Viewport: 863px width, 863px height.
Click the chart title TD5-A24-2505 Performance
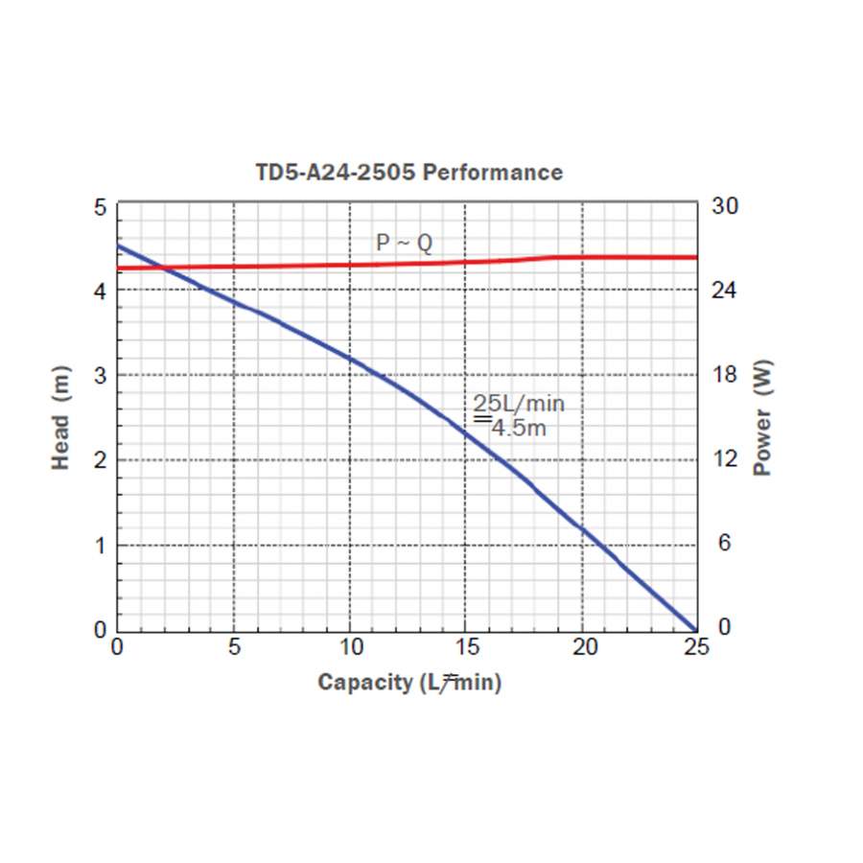click(408, 173)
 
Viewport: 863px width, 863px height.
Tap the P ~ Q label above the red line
click(404, 244)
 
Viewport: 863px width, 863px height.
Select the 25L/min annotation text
click(518, 404)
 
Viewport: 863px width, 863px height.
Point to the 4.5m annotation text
click(519, 428)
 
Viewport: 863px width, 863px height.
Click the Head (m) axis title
click(60, 418)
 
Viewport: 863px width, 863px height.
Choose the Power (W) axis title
click(763, 418)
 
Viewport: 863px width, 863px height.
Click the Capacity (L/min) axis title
click(409, 683)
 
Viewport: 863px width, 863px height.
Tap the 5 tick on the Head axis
click(100, 207)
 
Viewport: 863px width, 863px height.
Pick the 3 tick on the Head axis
click(100, 375)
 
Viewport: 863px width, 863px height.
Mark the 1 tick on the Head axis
click(100, 545)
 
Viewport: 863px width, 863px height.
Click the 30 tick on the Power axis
click(725, 206)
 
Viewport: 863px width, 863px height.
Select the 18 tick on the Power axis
click(725, 375)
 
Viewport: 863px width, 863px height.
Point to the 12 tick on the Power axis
click(725, 459)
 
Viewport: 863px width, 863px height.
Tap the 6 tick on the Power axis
click(725, 543)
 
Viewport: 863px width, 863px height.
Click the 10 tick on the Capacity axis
click(351, 647)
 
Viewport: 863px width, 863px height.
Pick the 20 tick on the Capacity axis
click(585, 647)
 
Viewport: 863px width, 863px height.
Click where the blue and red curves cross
click(164, 268)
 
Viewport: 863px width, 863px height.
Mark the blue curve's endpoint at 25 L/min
click(696, 629)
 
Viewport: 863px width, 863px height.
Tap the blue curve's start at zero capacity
click(118, 245)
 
